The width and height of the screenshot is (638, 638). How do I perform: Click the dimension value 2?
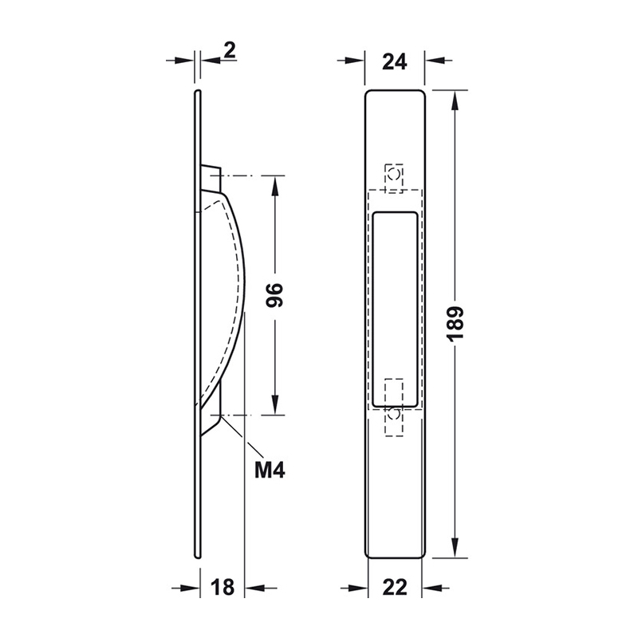tap(230, 51)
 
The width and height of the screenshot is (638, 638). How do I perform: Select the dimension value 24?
tap(395, 62)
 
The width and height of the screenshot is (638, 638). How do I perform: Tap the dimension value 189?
tap(455, 324)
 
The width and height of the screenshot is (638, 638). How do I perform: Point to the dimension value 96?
tap(274, 296)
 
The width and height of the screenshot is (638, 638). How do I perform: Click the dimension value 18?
tap(223, 588)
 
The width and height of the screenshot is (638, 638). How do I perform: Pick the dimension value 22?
tap(395, 588)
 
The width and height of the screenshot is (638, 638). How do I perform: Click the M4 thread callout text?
tap(270, 471)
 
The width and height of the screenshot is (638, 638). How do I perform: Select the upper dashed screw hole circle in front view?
tap(393, 175)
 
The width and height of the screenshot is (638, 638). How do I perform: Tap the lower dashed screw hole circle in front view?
tap(393, 415)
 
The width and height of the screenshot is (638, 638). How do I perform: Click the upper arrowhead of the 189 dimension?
tap(455, 100)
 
